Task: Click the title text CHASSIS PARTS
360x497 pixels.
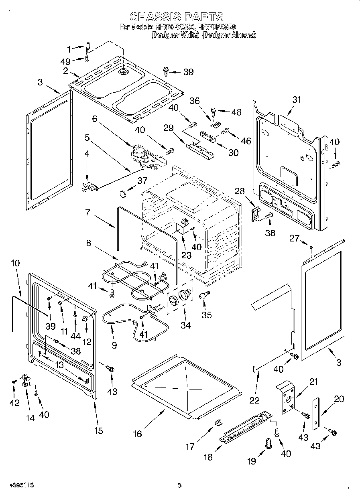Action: (177, 17)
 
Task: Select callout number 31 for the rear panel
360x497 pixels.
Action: (296, 100)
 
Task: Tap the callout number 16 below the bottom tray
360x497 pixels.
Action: (137, 434)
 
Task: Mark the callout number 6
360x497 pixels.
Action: (95, 119)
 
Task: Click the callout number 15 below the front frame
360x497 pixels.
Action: (98, 431)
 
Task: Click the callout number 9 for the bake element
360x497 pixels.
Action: (114, 345)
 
